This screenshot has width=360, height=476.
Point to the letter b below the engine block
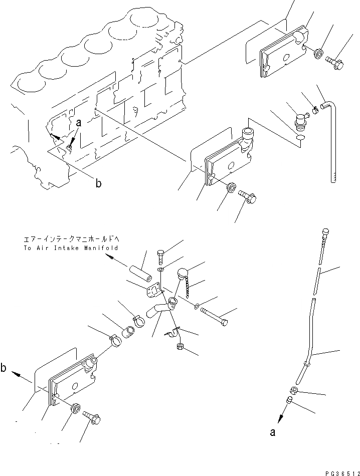click(x=99, y=184)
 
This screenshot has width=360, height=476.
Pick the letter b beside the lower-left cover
click(x=4, y=369)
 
